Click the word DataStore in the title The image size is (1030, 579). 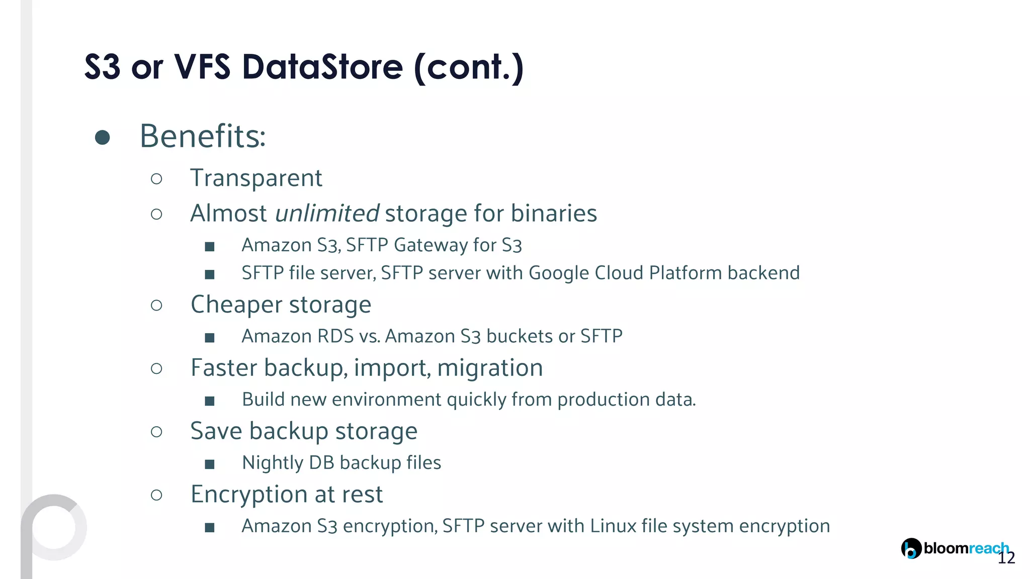point(322,67)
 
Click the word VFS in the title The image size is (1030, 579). point(202,67)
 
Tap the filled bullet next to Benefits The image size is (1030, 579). point(103,137)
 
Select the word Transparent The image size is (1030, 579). point(256,178)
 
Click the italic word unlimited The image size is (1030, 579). point(327,213)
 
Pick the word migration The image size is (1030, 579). point(490,368)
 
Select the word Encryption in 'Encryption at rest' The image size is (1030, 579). point(249,495)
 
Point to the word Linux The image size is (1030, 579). point(613,526)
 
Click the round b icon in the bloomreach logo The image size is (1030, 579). point(911,548)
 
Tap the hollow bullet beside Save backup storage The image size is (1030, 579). point(156,432)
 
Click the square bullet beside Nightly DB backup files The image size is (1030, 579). point(210,464)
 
